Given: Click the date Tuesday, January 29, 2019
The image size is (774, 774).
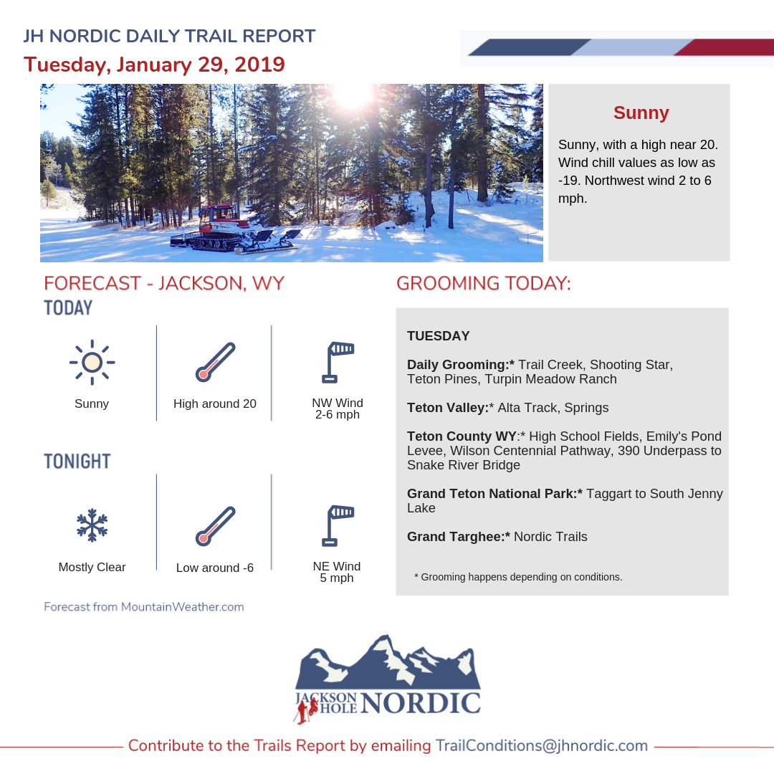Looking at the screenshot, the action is [x=154, y=64].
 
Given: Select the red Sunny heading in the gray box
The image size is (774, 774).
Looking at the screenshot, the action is [x=641, y=113].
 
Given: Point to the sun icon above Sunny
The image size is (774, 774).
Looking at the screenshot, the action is [x=92, y=363].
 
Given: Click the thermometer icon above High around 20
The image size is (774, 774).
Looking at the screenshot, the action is [x=215, y=363].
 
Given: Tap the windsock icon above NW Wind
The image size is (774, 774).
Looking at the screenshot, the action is [x=338, y=363].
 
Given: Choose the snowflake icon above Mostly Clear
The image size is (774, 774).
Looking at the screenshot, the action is [x=92, y=525].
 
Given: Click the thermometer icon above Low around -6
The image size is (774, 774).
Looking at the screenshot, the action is [x=215, y=526].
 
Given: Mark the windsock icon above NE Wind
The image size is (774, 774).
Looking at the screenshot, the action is [x=338, y=526].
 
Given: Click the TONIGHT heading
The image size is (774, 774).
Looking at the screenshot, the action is [x=77, y=461].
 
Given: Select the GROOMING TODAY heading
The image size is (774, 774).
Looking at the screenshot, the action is [x=484, y=283].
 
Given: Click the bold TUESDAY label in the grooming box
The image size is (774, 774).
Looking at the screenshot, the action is [x=439, y=336].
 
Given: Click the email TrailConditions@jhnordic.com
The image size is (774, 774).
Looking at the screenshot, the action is [x=542, y=745].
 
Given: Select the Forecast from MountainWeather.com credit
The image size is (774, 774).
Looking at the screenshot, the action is [x=144, y=607].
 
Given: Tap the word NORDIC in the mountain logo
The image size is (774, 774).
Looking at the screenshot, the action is [x=421, y=703].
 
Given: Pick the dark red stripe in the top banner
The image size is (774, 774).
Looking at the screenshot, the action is [x=724, y=47].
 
